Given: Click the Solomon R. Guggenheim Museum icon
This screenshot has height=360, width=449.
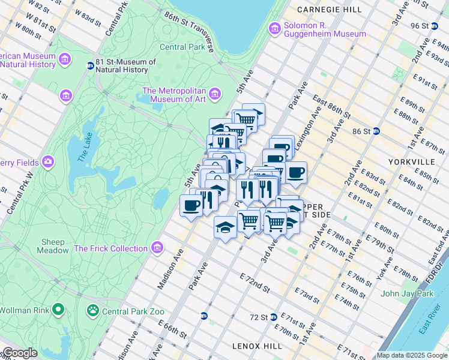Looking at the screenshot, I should click(275, 28).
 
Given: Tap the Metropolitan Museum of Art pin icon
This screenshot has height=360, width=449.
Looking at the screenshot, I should click(214, 95).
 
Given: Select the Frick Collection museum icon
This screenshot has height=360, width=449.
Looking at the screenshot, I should click(157, 248).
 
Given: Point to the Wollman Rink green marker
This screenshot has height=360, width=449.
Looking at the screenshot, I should click(58, 310).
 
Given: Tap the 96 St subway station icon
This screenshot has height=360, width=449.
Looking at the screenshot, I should click(442, 26).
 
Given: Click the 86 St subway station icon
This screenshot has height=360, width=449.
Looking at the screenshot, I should click(376, 131).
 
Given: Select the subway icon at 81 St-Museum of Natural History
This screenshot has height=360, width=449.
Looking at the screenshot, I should click(90, 65).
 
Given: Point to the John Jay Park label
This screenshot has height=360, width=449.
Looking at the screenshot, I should click(406, 293).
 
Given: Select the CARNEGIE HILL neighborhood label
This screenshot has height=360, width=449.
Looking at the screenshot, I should click(329, 10).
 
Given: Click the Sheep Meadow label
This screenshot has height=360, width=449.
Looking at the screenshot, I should click(53, 246).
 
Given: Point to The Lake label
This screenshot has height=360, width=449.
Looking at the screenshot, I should click(82, 152).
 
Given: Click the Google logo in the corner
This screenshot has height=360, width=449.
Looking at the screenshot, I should click(20, 353).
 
